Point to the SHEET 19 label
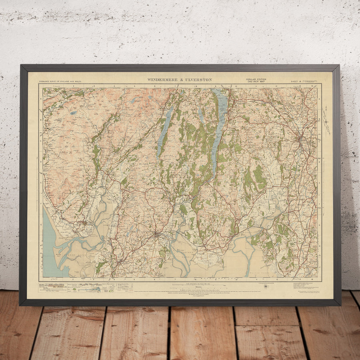[296, 82]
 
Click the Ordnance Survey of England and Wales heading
[60, 82]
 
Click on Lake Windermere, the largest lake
[218, 128]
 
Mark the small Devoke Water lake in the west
[73, 113]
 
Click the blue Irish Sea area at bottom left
[50, 248]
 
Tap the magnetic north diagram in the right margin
[326, 120]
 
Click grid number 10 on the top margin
[236, 86]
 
